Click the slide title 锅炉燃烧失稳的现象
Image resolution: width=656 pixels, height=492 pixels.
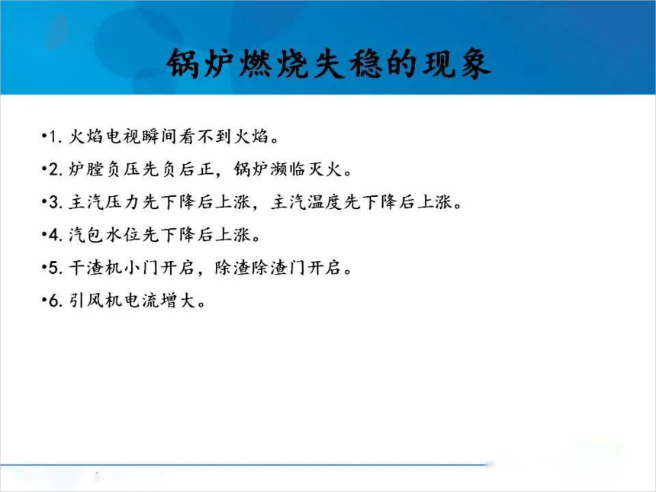[329, 63]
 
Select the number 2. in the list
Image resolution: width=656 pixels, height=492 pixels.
[56, 169]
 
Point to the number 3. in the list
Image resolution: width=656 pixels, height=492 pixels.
[56, 202]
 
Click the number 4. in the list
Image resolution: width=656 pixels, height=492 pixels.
[56, 235]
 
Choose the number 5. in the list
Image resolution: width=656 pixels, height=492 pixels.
[56, 268]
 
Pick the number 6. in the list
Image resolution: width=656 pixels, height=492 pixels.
[56, 301]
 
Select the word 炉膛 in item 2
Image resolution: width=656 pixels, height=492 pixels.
[86, 169]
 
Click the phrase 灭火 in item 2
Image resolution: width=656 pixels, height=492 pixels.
[326, 169]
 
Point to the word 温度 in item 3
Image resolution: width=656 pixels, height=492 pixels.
[326, 201]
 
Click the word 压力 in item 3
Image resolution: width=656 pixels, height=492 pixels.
[123, 201]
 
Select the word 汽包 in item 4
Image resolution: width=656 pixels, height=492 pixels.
[86, 234]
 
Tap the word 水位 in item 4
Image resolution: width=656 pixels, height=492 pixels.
[123, 234]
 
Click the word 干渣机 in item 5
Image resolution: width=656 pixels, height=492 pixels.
[95, 267]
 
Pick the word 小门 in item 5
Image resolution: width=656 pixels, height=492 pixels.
[141, 267]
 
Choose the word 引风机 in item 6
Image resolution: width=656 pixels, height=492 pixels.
[95, 300]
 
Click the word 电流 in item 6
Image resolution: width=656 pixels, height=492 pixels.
[141, 300]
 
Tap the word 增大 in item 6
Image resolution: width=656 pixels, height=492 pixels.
[178, 300]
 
